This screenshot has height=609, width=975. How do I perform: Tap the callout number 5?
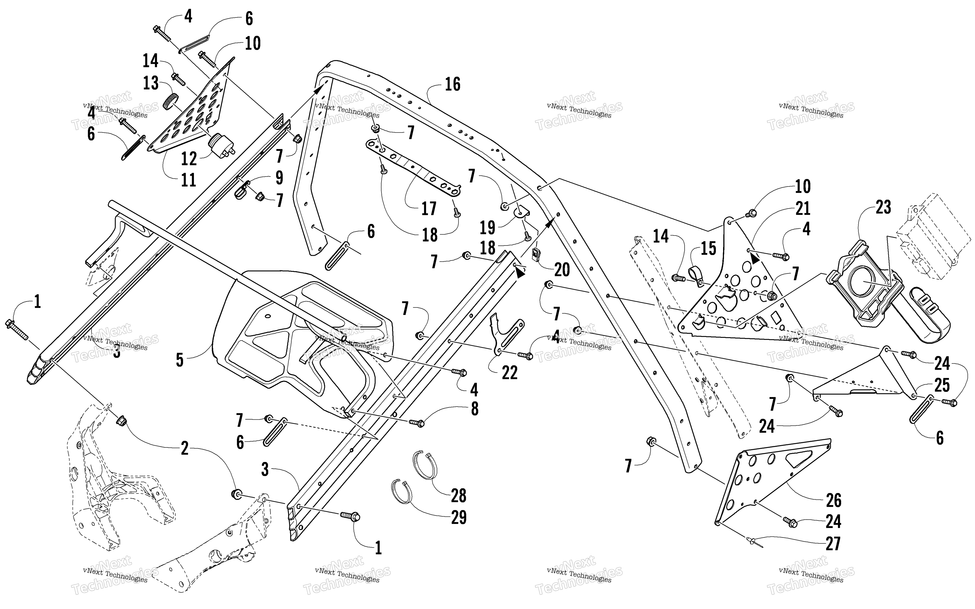pos(180,360)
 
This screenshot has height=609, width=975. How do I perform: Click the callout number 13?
pos(151,83)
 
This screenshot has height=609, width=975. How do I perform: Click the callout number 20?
pos(562,270)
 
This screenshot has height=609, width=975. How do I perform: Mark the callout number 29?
pos(458,518)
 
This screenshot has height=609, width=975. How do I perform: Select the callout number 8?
pos(475,408)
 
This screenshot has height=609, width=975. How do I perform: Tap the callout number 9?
pos(279,178)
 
